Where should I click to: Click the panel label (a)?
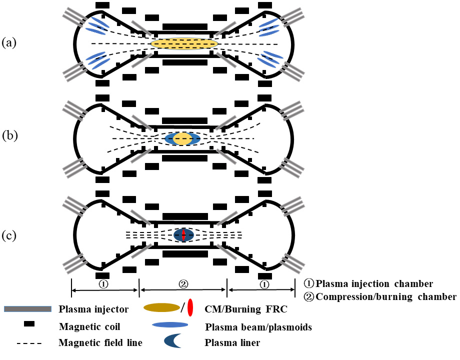click(9, 43)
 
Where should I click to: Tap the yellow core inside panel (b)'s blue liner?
click(182, 138)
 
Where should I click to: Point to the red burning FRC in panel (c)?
click(183, 234)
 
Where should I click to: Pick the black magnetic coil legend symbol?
click(28, 325)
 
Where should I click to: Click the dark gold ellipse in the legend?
click(161, 308)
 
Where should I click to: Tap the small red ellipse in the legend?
click(190, 309)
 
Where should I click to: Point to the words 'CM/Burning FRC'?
click(246, 309)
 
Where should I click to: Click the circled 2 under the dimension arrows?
click(183, 283)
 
